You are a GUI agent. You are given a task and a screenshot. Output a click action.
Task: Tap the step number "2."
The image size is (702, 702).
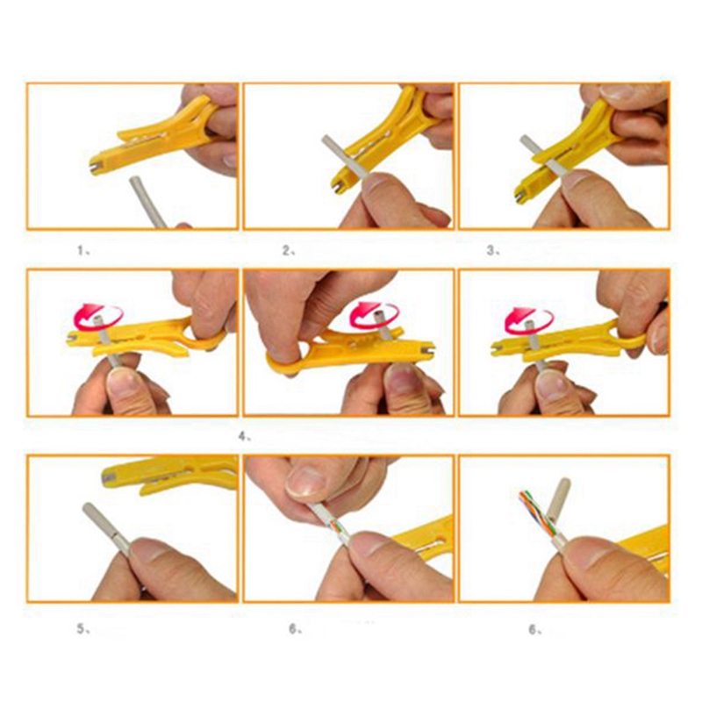coord(288,250)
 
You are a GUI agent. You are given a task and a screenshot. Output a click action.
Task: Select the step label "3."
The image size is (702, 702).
coord(493,250)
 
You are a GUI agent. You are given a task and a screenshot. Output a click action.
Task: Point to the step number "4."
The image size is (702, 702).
coord(247,434)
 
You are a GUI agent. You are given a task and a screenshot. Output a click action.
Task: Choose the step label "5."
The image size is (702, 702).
coord(82,628)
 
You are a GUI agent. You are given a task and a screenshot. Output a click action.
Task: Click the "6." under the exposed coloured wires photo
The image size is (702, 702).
coord(534,628)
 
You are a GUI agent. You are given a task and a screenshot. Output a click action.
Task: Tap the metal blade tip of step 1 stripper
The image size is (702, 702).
coord(95,165)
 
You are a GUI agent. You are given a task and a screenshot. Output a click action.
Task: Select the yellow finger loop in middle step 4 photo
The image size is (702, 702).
coord(285,355)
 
